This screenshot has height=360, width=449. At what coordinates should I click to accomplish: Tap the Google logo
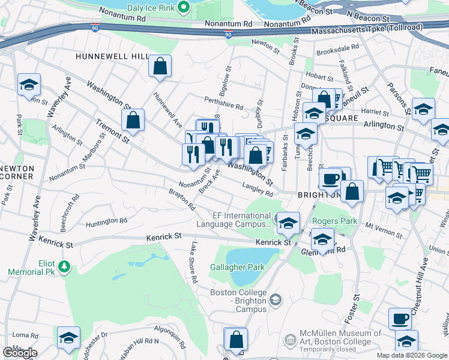pos(19,353)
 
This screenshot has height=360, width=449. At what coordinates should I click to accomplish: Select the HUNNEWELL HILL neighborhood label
pos(112,56)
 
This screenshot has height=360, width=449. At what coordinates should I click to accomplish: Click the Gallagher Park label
pos(237,267)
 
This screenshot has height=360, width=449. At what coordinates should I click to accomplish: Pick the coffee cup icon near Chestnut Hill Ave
pos(400,319)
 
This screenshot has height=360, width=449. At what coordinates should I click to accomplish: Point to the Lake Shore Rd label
pos(193,262)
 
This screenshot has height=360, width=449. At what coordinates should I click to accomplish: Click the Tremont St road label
pos(113,130)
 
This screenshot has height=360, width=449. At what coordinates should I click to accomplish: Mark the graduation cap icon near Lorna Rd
pos(68,337)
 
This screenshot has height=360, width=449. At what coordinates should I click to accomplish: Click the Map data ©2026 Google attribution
pos(412,355)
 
